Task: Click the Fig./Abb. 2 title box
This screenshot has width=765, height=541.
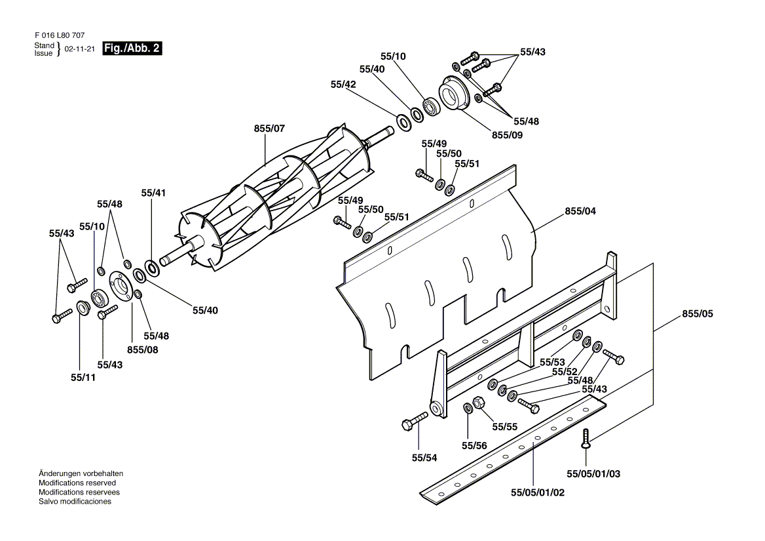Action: point(132,49)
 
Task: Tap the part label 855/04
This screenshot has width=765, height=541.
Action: point(580,211)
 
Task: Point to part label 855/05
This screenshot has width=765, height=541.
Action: point(697,314)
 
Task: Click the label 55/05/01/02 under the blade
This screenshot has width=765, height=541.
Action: point(537,492)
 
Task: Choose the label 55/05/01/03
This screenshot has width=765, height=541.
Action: point(593,473)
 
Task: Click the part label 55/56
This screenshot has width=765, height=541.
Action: point(474,446)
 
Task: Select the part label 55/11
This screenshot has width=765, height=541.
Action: point(83,378)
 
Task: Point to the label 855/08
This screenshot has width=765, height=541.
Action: point(143,350)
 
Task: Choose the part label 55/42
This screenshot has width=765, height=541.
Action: point(343,85)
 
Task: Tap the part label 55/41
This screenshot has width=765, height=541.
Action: point(154,193)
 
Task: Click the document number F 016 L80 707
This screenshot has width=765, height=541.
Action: point(58,35)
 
